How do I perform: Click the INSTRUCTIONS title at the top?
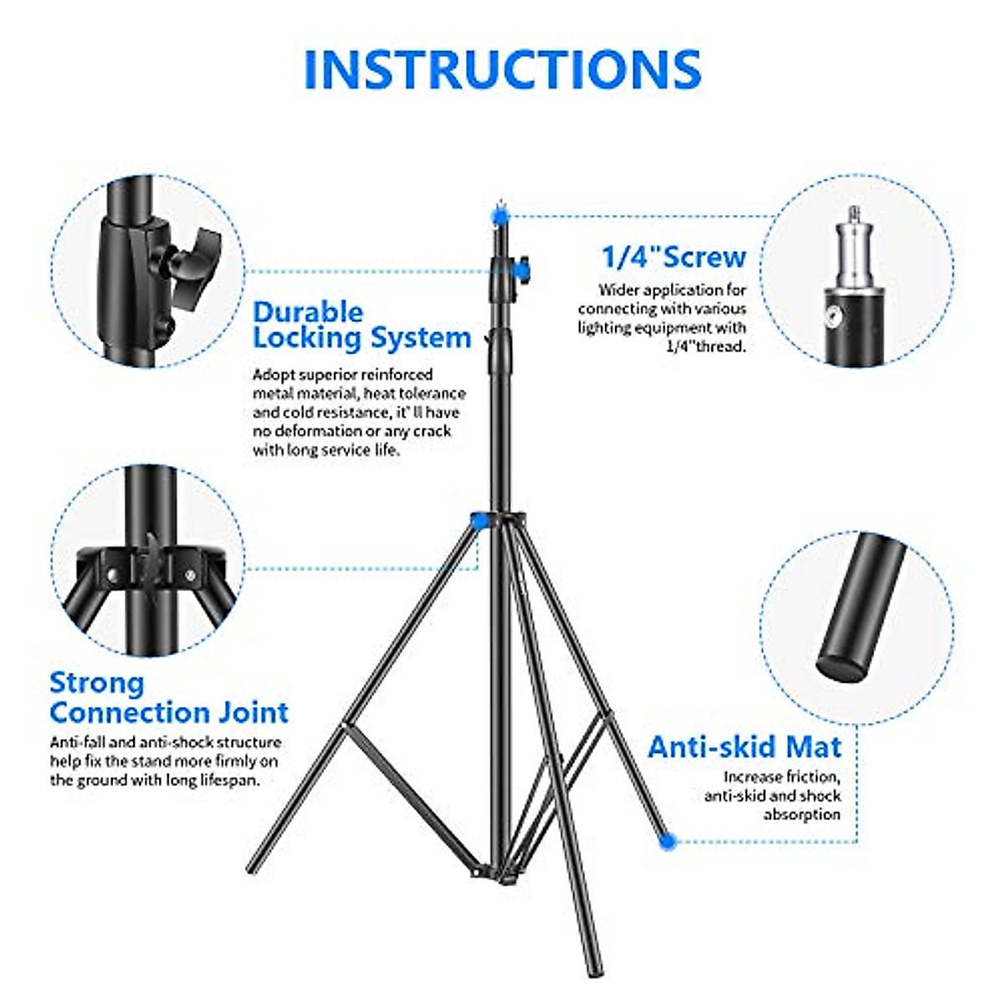pyautogui.click(x=502, y=69)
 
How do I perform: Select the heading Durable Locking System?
pyautogui.click(x=361, y=325)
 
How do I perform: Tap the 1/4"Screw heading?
pyautogui.click(x=674, y=257)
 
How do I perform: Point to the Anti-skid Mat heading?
pyautogui.click(x=745, y=746)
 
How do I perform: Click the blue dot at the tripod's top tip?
pyautogui.click(x=500, y=216)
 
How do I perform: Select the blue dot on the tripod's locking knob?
pyautogui.click(x=520, y=269)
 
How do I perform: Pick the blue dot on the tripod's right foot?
pyautogui.click(x=667, y=841)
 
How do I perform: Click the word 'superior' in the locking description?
pyautogui.click(x=331, y=375)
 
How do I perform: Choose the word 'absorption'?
pyautogui.click(x=802, y=815)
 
